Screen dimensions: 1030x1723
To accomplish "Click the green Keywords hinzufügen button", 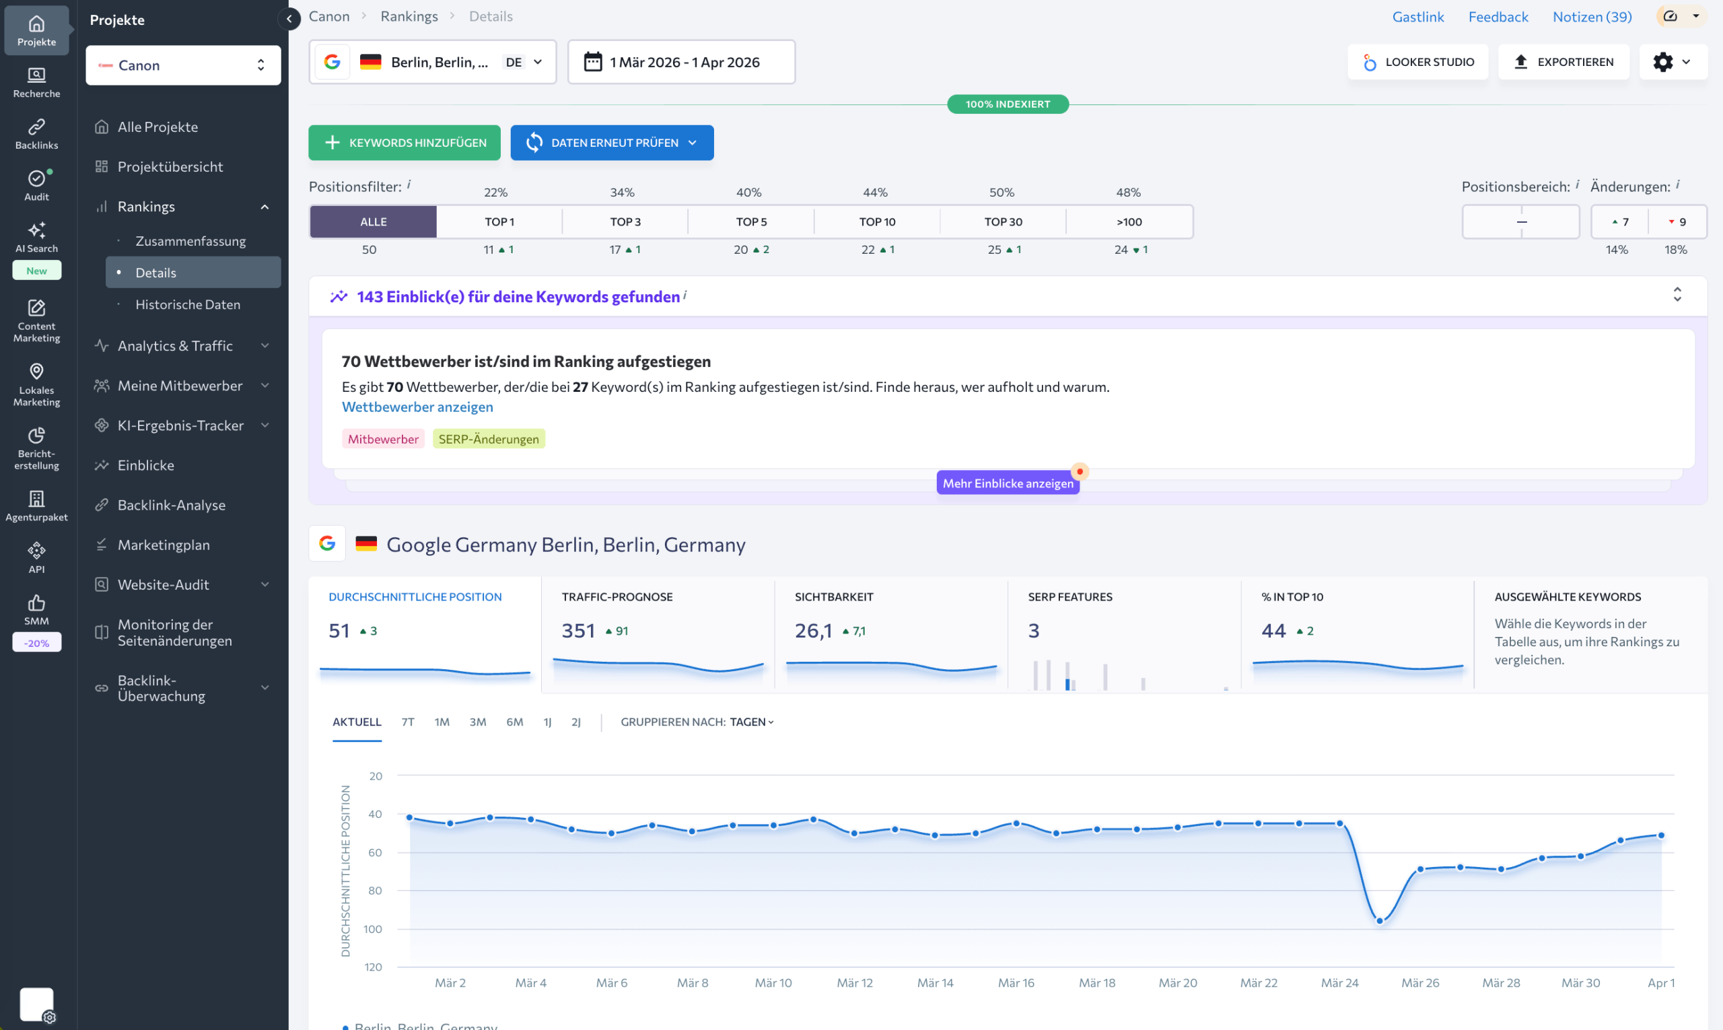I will (x=404, y=142).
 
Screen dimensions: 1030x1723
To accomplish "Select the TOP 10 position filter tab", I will (x=876, y=221).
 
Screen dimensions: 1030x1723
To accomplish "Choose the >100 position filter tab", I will (x=1128, y=221).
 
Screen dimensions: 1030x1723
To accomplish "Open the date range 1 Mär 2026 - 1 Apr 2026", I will (x=680, y=62).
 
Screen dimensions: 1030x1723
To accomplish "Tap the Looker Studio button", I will (x=1417, y=62).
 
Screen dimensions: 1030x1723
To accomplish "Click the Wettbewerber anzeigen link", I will (x=417, y=407).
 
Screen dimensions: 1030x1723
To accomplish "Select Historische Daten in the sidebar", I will (x=187, y=304).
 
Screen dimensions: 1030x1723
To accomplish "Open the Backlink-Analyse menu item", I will (x=172, y=505).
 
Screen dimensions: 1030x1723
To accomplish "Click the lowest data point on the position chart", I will (x=1380, y=920).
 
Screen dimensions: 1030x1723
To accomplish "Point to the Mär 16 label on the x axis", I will (x=1016, y=982).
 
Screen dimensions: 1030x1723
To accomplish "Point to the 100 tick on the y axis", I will (x=373, y=928).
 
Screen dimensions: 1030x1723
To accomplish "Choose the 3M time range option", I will (x=477, y=722).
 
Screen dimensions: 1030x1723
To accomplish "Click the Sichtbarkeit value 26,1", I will (x=813, y=630).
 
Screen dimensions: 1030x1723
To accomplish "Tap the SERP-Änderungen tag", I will (x=489, y=439).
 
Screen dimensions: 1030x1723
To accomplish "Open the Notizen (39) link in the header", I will (x=1591, y=16).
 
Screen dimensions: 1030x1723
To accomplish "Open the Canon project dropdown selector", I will (x=183, y=65).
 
